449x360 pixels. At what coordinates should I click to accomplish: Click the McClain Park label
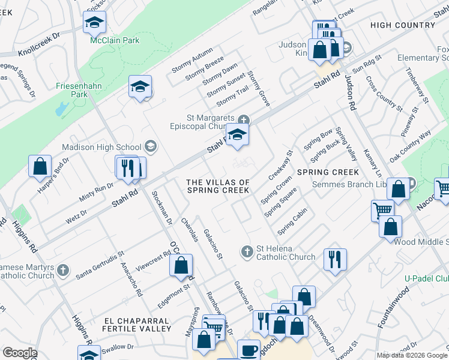[x=114, y=40]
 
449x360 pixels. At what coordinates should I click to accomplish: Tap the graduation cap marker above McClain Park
[x=94, y=22]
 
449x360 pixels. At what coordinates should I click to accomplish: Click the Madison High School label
[x=109, y=148]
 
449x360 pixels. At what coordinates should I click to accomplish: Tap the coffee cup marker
[x=249, y=350]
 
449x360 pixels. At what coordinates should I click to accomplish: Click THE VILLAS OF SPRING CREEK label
[x=218, y=186]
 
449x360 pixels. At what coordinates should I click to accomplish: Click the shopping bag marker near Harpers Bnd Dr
[x=40, y=166]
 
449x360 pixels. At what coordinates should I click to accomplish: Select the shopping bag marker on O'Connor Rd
[x=181, y=265]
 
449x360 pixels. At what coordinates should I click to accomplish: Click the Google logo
[x=20, y=353]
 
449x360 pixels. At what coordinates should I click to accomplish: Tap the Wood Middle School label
[x=421, y=241]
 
